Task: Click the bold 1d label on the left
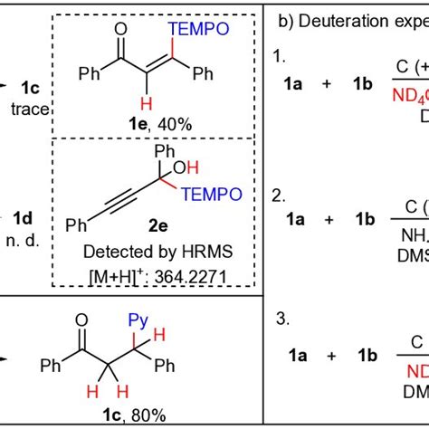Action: pyautogui.click(x=23, y=217)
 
